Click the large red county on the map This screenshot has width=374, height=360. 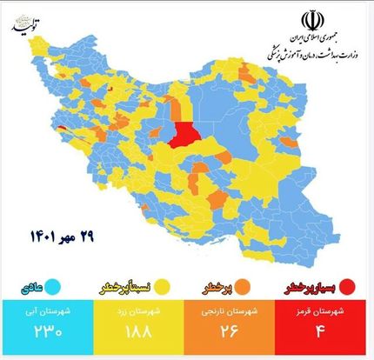coord(184,135)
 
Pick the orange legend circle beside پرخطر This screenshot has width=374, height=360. coord(240,285)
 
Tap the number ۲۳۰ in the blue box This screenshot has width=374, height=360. coord(50,331)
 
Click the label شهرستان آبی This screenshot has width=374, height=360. coord(50,310)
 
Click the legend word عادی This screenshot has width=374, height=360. coord(30,285)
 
